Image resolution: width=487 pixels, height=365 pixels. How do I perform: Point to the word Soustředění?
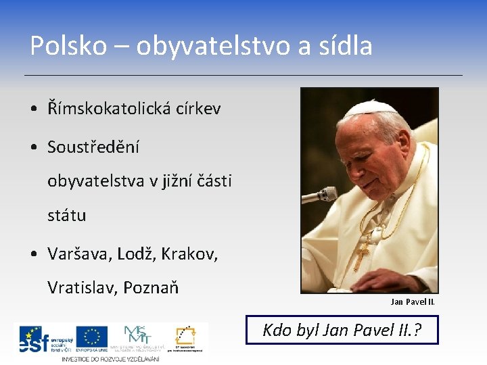[93, 147]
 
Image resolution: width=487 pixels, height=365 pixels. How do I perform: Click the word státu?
[66, 216]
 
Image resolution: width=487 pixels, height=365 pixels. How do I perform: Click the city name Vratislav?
[83, 288]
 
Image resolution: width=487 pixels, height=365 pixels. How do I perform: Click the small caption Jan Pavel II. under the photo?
[412, 301]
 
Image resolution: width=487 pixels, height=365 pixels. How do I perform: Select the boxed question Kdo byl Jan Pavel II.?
[342, 330]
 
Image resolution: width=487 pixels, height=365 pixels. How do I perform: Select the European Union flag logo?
[91, 337]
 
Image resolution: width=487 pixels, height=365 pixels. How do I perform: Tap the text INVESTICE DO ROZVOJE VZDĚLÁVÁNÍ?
[110, 358]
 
